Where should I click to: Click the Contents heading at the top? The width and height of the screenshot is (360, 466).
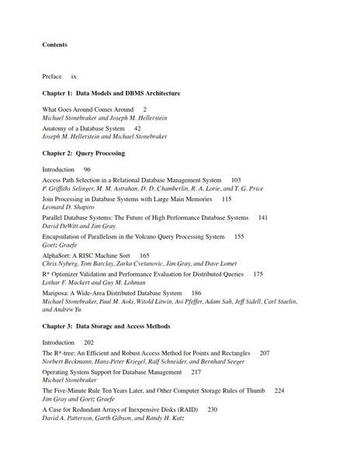(54, 44)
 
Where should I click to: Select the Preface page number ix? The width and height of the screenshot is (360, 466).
(74, 77)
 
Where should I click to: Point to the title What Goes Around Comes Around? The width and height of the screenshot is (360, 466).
(88, 110)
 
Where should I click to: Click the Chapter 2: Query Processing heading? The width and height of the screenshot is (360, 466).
(83, 153)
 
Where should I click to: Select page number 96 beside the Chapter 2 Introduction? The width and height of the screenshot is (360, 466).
(87, 169)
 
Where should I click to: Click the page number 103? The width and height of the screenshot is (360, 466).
(236, 179)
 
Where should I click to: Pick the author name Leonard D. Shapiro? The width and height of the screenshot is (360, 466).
(68, 207)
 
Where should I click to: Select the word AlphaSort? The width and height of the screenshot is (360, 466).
(57, 256)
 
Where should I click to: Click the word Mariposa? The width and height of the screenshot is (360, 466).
(57, 293)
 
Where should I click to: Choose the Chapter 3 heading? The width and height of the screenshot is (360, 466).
(106, 326)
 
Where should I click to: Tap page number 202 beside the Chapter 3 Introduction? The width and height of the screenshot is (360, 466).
(88, 343)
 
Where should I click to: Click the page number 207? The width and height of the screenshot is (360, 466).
(265, 353)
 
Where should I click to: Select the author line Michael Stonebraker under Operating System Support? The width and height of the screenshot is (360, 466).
(72, 381)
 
